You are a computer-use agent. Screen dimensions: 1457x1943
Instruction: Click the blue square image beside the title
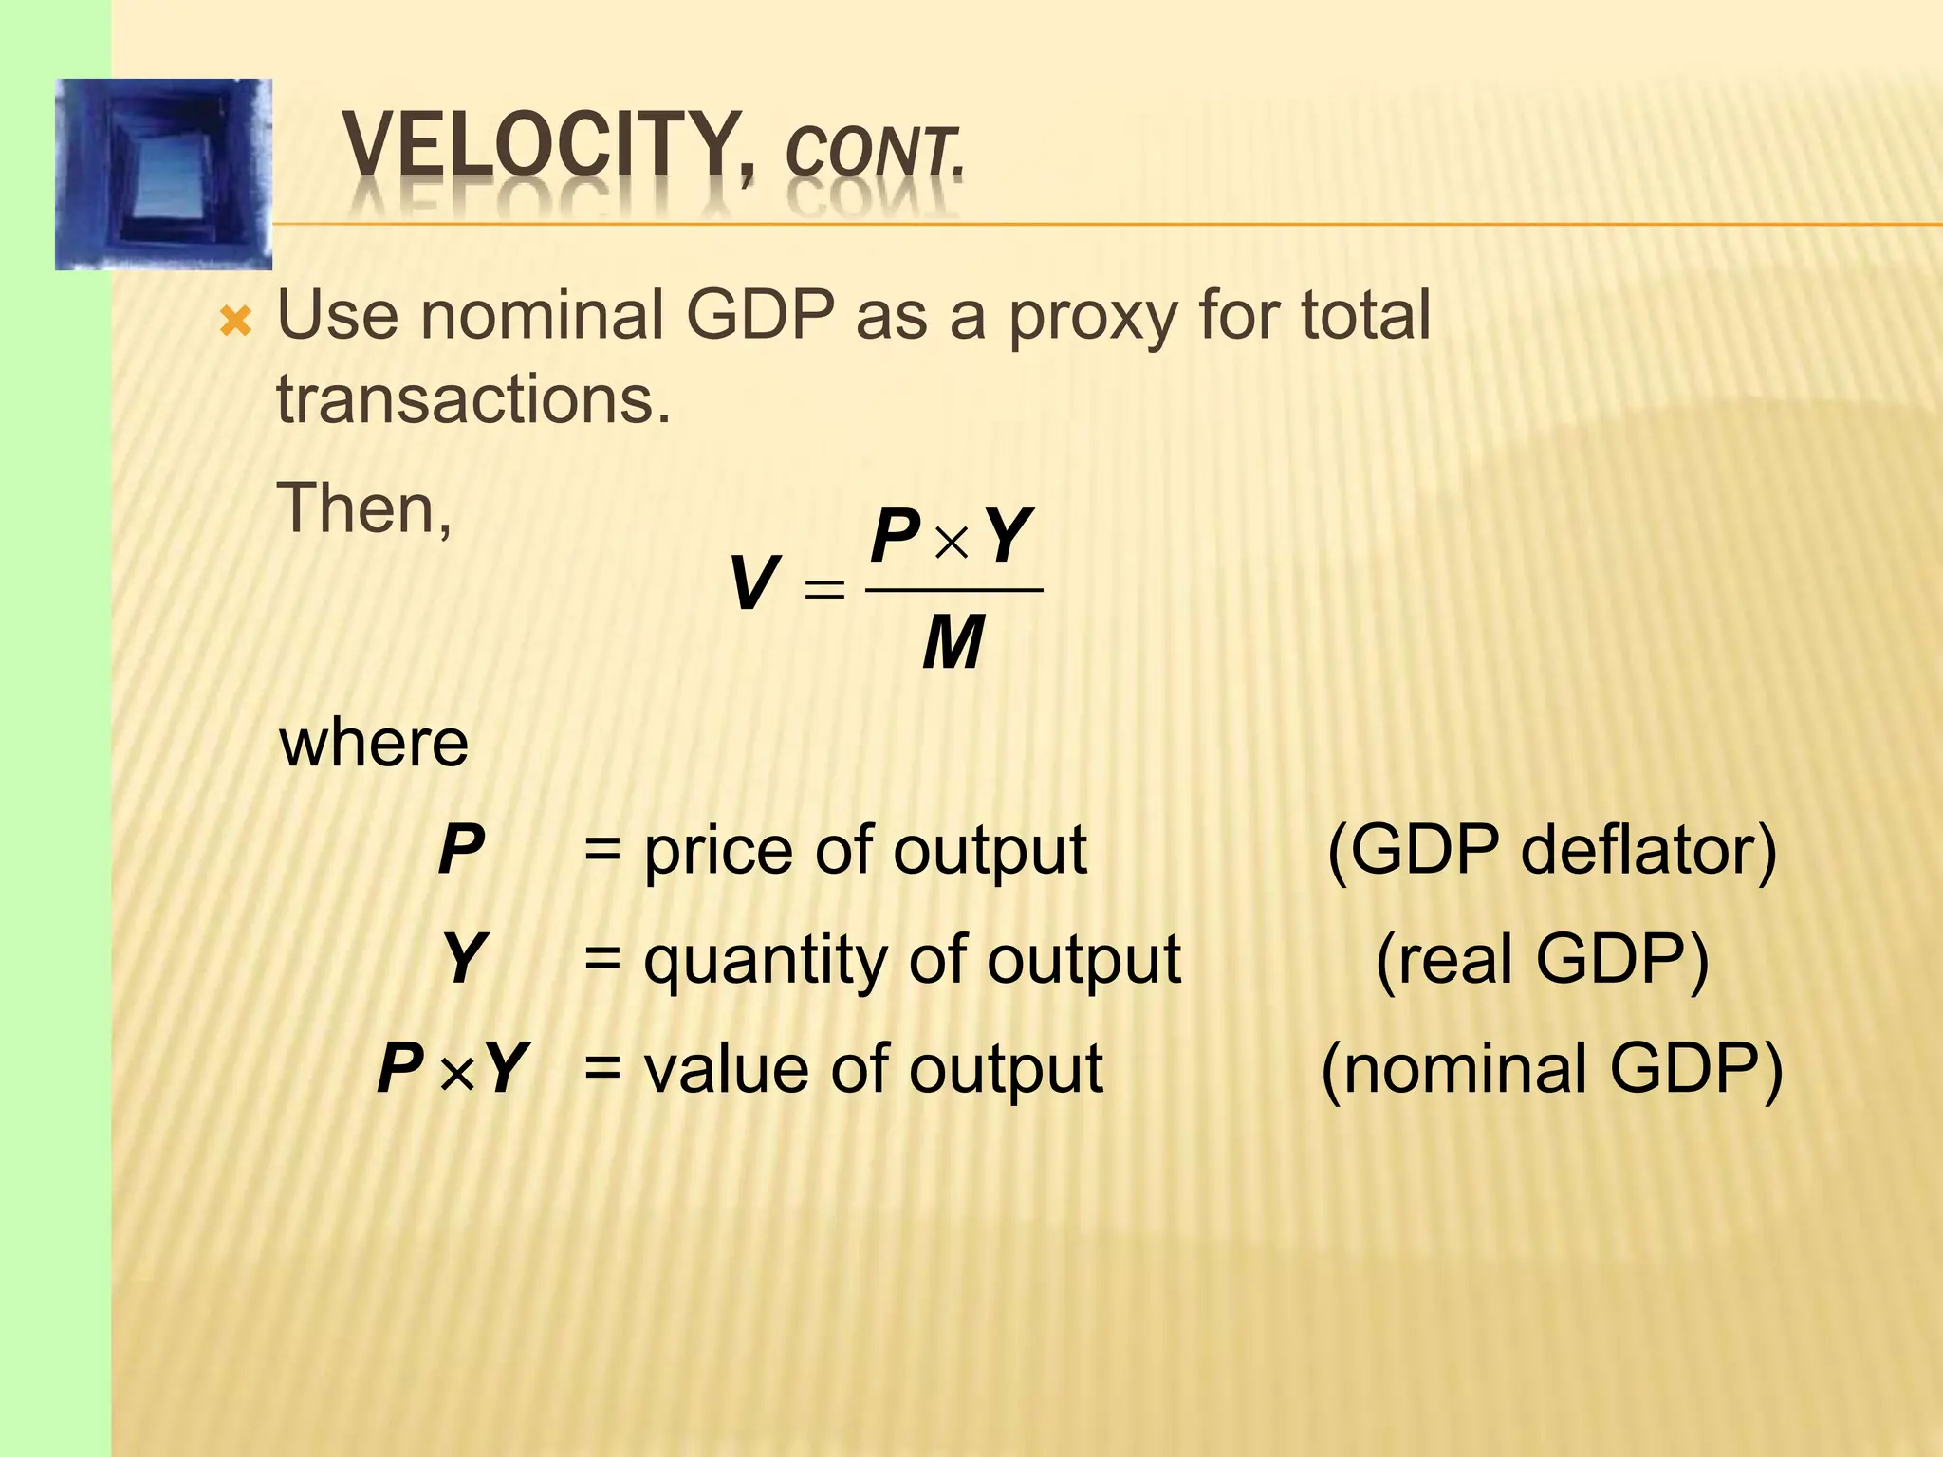pos(164,175)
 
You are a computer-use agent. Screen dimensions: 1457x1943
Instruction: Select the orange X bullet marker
pos(235,323)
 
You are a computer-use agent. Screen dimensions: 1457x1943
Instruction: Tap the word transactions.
pos(473,399)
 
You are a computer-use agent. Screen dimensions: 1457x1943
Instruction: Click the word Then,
pos(364,508)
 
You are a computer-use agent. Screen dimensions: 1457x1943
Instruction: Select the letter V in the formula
pos(753,584)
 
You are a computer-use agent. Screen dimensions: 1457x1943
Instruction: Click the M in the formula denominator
pos(953,643)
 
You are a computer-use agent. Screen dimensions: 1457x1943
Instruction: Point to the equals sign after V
pos(823,590)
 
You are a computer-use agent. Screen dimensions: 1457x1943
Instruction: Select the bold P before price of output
pos(462,850)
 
